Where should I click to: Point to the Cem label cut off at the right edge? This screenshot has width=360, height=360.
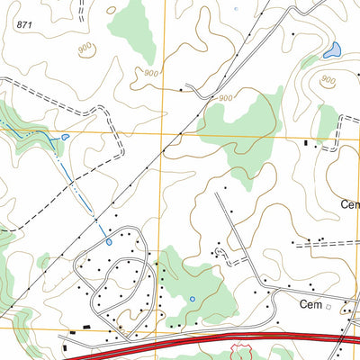coord(350,204)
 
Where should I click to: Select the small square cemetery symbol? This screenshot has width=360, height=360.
coord(329,306)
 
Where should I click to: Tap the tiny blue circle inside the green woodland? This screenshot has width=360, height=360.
coord(192,299)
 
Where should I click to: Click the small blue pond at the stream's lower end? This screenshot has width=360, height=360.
coord(109,241)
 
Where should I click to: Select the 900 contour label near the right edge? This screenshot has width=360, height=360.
coord(328,81)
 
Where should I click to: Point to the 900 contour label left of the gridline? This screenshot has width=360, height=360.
coord(150,72)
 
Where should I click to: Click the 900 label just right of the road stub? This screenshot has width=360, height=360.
coord(224,98)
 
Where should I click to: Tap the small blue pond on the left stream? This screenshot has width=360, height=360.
coord(66,138)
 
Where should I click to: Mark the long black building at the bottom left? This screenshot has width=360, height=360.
coord(86,330)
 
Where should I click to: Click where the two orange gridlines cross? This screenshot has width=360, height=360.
coord(165,131)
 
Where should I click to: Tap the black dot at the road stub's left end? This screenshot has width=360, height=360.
coord(185,88)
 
